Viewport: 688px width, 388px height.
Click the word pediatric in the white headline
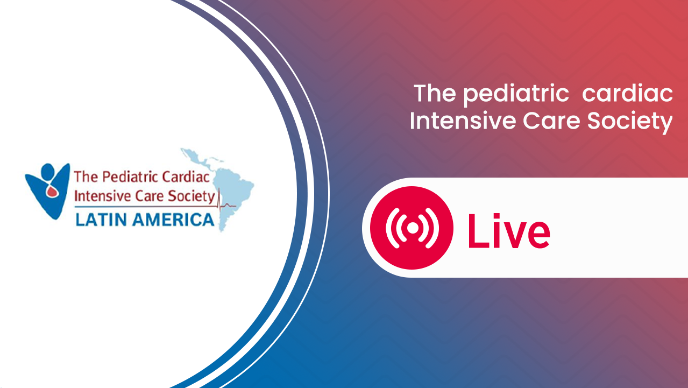[516, 95]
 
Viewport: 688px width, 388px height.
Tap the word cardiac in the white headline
[628, 93]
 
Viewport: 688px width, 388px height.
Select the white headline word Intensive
[463, 121]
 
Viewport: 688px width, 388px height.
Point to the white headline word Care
[551, 121]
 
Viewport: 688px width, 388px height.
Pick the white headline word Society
[630, 122]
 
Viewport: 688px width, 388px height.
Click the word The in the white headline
[435, 93]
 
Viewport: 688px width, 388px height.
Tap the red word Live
[509, 231]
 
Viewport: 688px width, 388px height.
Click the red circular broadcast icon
[412, 228]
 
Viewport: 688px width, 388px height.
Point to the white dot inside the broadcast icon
[412, 228]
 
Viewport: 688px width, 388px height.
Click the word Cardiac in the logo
[186, 177]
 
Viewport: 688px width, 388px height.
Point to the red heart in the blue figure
[52, 192]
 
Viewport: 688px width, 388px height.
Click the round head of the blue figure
[48, 170]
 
